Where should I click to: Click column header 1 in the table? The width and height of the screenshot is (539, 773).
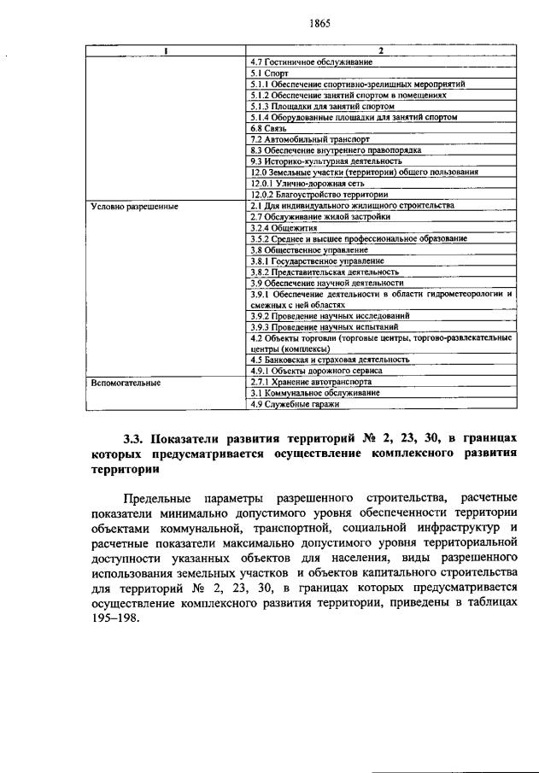166,50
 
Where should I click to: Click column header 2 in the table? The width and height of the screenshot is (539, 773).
381,50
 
